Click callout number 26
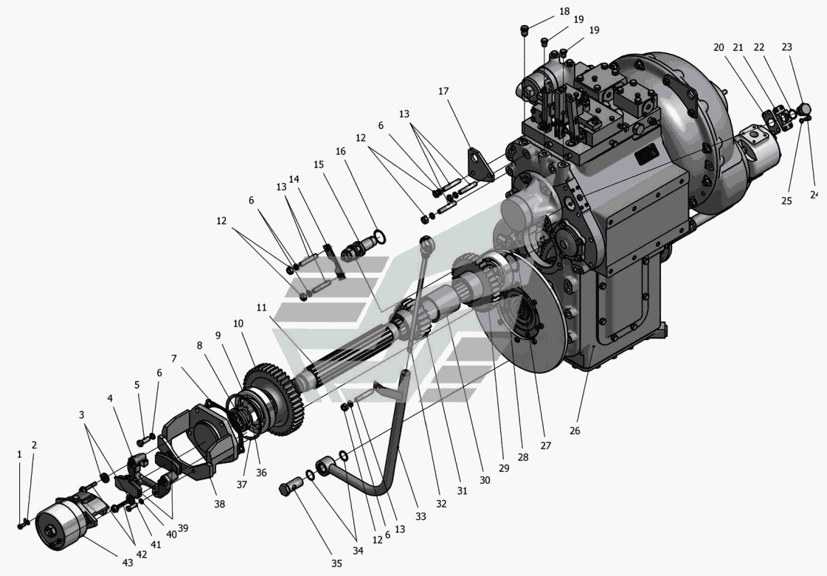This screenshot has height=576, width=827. coord(575,431)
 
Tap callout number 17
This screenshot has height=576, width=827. coord(443,91)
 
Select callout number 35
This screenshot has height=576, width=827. coord(336,563)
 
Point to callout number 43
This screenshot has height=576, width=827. coord(128,563)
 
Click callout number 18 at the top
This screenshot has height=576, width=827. coord(564,11)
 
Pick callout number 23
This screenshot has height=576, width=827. coord(786,47)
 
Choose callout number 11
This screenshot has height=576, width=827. coord(262,308)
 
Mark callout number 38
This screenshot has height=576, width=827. coord(219,504)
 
